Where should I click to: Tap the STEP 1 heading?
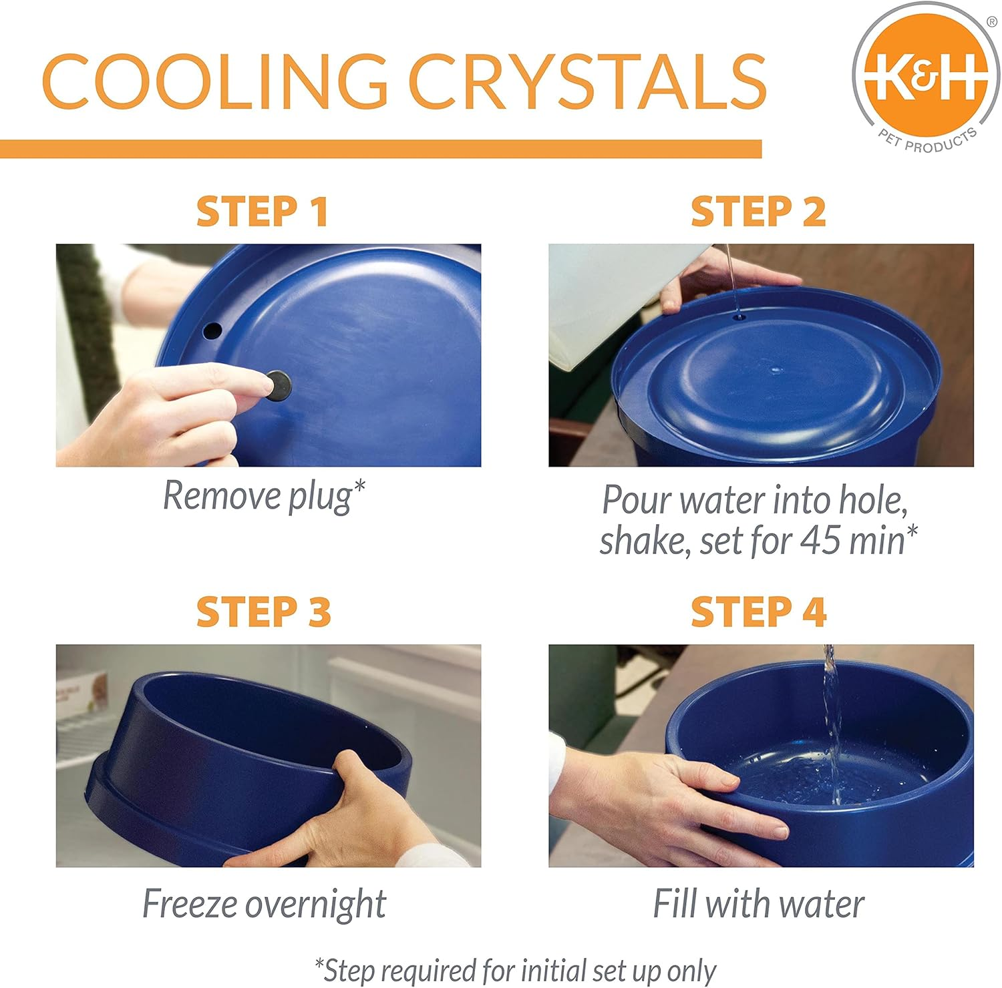tap(262, 212)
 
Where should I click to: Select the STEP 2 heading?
tap(758, 212)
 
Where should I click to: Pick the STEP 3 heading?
tap(263, 611)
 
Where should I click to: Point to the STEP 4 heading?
tap(758, 611)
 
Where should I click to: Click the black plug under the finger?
tap(278, 385)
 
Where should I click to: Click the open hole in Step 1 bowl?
tap(212, 330)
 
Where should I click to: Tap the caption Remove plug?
tap(264, 497)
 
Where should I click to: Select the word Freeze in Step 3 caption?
tap(190, 904)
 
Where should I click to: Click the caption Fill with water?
tap(758, 904)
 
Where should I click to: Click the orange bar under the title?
tap(381, 149)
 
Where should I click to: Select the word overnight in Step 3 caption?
tap(315, 904)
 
